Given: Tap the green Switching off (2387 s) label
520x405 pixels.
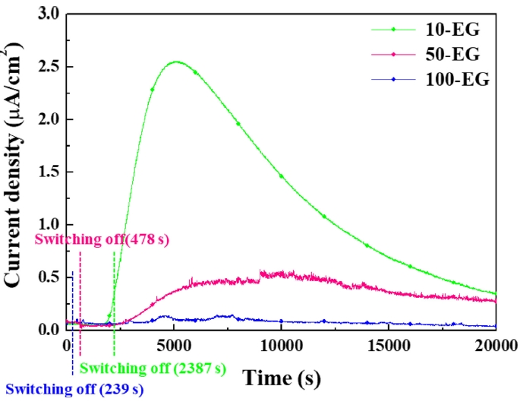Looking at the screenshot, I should (x=153, y=369).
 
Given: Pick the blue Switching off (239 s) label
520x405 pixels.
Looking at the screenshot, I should (x=74, y=390).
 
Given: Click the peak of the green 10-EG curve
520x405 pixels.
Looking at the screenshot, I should (x=175, y=62).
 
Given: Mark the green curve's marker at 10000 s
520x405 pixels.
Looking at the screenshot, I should (x=281, y=176).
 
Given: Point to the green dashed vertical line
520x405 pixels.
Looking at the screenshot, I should (x=115, y=304).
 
